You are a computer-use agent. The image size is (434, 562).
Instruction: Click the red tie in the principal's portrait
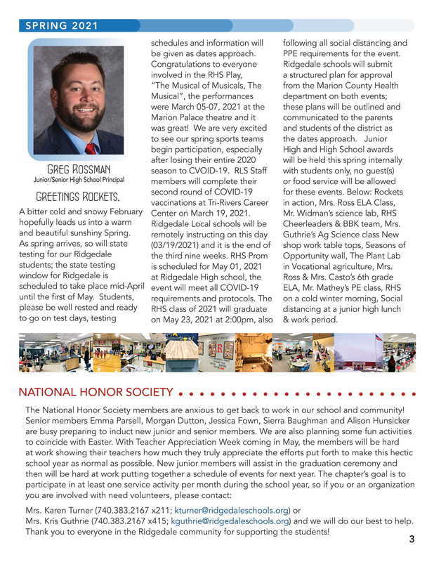click(x=91, y=148)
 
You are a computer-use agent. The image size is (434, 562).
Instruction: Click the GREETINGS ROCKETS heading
click(x=78, y=195)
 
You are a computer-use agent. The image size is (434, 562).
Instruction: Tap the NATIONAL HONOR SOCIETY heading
click(x=96, y=391)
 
